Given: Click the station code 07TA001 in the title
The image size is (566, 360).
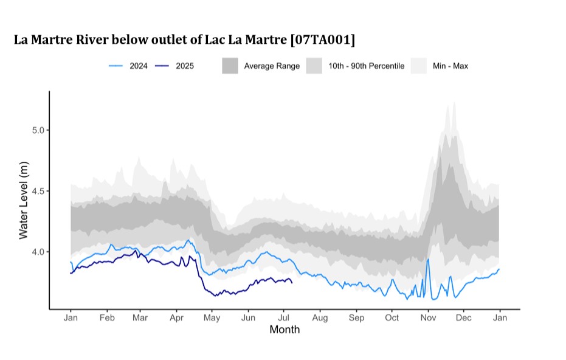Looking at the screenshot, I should pos(323,40).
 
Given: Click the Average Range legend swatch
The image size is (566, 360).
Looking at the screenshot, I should pos(230,66).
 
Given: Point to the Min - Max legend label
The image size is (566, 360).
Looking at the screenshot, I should pos(450,66).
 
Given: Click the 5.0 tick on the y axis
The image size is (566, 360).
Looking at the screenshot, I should pos(36,130).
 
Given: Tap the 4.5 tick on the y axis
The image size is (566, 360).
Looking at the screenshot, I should pos(36,191).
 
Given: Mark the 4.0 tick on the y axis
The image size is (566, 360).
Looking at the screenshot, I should pos(36,252).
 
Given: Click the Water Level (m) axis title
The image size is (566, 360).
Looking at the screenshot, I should pos(23,200).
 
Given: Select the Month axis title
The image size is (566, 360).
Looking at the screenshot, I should pos(285,330).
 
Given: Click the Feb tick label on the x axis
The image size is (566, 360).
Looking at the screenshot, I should pos(107,318).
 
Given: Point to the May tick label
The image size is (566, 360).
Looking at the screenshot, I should pos(212,318).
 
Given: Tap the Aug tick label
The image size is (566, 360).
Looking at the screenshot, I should pos(320,318).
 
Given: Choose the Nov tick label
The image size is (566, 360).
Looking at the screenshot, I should pos(428,318).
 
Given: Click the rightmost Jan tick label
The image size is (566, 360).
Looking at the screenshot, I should pos(500,318).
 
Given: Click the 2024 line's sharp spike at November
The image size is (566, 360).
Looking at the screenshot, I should pos(428,259).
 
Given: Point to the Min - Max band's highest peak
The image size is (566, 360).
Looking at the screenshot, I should pos(454,102).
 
